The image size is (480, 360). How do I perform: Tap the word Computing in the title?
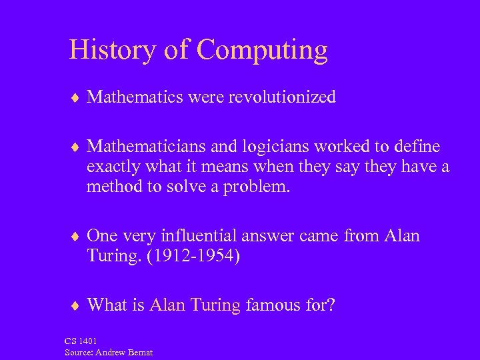tap(263, 51)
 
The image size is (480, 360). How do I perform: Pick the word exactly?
tap(111, 167)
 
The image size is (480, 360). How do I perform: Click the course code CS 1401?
tap(79, 342)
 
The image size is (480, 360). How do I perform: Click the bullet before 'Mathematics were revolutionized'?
tap(75, 98)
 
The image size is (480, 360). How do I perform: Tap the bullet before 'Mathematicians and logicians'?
tap(75, 146)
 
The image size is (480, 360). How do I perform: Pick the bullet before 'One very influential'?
tap(75, 237)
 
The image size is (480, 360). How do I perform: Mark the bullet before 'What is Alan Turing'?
tap(75, 306)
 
